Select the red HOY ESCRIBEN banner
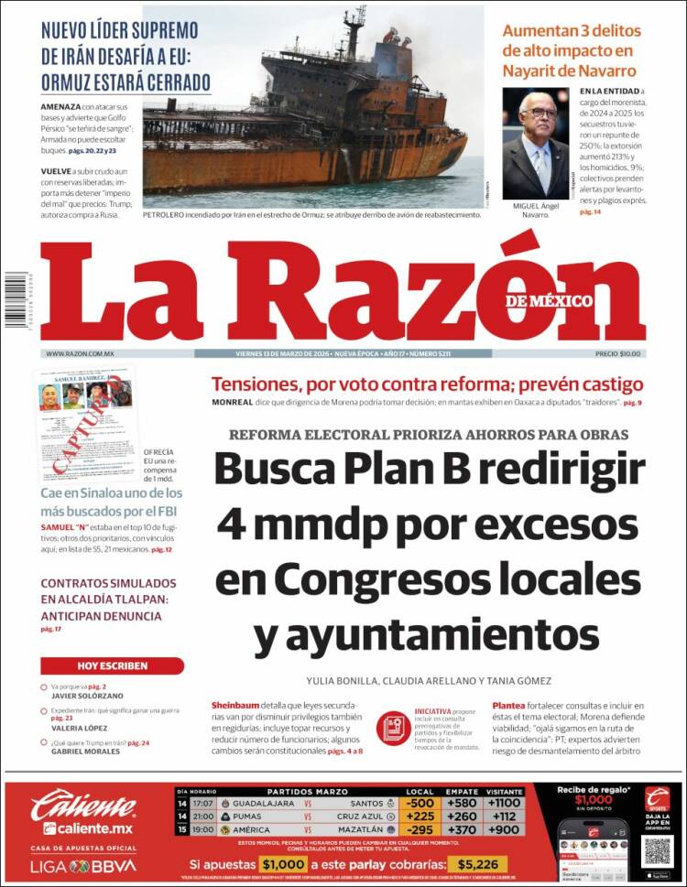112,665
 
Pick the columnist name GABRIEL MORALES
85,752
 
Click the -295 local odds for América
420,829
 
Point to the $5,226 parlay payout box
475,864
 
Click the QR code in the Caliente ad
657,850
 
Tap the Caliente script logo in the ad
83,806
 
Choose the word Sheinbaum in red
235,706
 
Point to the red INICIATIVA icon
392,728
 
